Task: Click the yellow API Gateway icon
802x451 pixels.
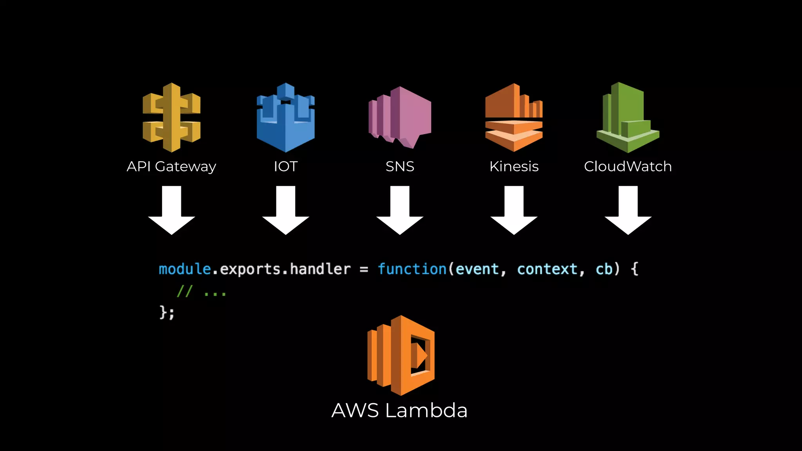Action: (172, 117)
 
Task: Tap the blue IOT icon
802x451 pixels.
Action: (285, 117)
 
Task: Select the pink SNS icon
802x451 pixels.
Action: (400, 117)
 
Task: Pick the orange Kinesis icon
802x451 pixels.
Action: (514, 117)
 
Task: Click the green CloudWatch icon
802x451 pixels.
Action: (628, 117)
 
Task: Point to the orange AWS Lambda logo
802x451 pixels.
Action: (401, 355)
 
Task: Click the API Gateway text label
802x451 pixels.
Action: (171, 167)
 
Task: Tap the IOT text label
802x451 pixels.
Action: (285, 166)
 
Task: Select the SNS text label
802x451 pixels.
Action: (400, 166)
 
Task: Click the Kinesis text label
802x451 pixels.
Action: (514, 166)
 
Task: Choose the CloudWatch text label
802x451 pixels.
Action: (628, 166)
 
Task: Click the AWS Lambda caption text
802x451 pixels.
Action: (399, 410)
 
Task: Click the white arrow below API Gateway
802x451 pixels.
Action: (172, 211)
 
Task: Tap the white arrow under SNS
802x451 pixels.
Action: (400, 211)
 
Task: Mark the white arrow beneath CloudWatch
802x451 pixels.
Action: (628, 211)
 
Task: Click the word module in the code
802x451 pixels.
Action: (185, 269)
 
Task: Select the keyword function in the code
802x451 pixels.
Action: (412, 269)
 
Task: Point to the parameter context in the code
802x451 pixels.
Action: (547, 269)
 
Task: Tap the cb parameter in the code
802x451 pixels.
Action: (604, 269)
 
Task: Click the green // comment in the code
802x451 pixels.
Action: (184, 291)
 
